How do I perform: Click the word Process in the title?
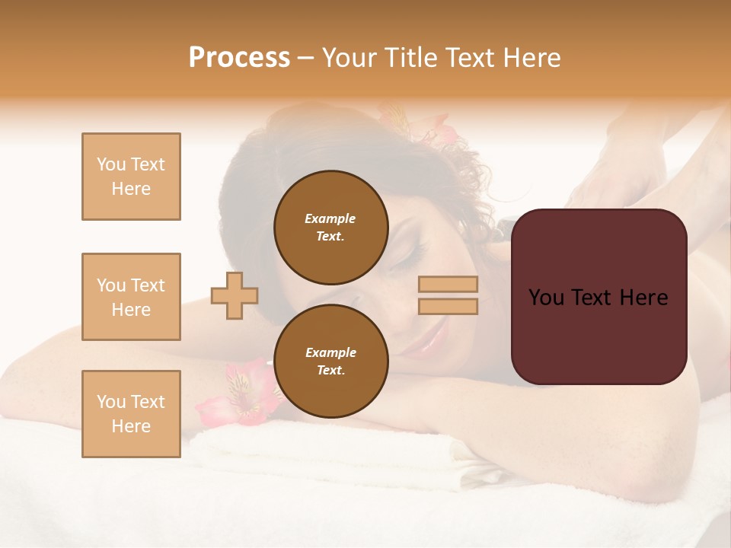click(x=239, y=57)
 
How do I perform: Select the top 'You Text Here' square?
click(x=131, y=177)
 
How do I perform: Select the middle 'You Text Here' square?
click(x=131, y=297)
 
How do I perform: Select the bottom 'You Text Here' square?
click(x=131, y=414)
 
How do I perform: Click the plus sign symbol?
click(x=235, y=295)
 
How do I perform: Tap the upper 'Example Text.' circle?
click(x=330, y=227)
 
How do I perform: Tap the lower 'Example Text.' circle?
click(x=330, y=362)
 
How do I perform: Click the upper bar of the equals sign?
click(x=448, y=285)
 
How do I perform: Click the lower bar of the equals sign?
click(x=448, y=306)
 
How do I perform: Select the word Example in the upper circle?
click(x=330, y=218)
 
